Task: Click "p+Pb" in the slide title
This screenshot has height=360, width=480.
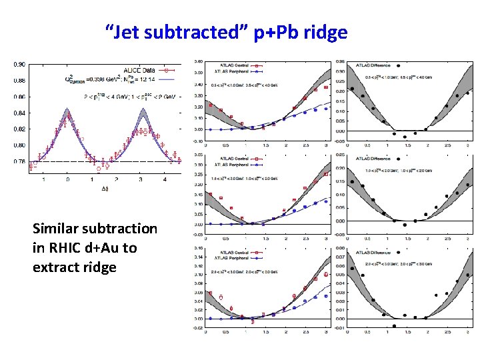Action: coord(267,31)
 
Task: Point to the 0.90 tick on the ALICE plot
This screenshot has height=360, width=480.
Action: coord(20,65)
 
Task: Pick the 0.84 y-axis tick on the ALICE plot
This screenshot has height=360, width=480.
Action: coord(20,113)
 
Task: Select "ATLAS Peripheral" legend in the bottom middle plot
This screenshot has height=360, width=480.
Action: coord(230,257)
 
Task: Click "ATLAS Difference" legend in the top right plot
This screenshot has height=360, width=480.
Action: coord(371,65)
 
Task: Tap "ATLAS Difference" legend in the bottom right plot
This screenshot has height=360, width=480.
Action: coord(371,253)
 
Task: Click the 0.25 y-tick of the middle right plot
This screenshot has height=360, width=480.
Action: coord(340,155)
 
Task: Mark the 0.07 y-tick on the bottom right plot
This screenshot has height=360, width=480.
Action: coord(340,256)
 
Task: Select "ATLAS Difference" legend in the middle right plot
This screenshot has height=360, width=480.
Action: coord(371,158)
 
